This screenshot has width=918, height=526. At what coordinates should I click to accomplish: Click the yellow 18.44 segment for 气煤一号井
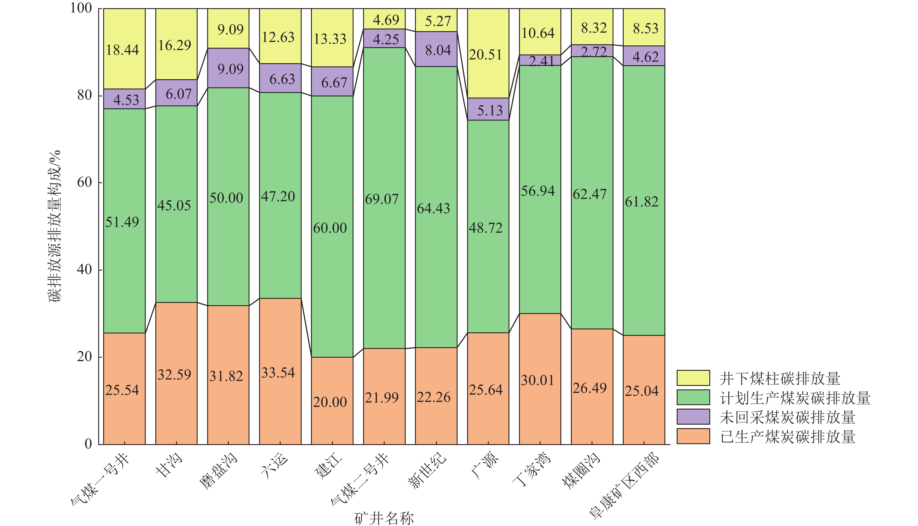(124, 49)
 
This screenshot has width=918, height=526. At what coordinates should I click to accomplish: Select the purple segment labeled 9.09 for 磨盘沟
(228, 68)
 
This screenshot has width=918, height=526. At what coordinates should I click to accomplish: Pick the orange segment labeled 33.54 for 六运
(280, 371)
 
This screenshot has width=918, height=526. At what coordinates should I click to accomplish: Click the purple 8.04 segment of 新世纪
(436, 49)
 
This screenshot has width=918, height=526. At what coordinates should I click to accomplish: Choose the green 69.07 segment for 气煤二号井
(384, 198)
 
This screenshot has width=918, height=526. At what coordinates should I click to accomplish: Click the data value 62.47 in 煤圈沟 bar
(590, 194)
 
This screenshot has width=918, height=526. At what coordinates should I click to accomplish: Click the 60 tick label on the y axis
(85, 182)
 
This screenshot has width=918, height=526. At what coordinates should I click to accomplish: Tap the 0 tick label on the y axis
(88, 444)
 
